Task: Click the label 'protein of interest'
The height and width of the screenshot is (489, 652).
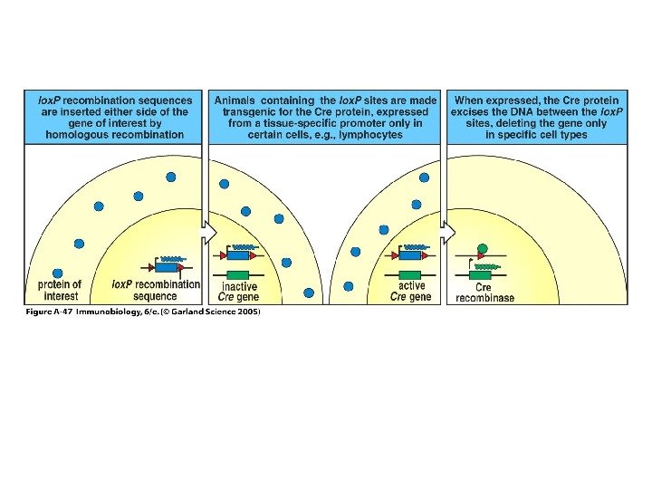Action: pos(60,290)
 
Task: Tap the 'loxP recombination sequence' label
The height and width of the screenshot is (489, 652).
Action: pos(155,290)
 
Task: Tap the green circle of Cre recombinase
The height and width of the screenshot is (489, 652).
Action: pos(482,248)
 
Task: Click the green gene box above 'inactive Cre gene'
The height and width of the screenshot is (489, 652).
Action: pos(239,273)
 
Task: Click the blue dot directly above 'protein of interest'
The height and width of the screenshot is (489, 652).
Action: pos(58,273)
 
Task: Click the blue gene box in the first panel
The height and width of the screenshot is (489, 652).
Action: pos(167,266)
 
